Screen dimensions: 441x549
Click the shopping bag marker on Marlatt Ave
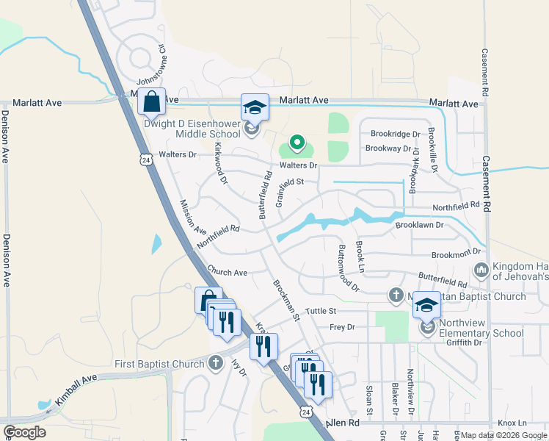click(151, 102)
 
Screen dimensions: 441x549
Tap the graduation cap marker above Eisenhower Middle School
click(255, 107)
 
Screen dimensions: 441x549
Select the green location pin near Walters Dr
click(297, 141)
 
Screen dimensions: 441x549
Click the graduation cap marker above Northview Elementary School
click(426, 304)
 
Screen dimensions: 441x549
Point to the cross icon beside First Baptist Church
click(216, 362)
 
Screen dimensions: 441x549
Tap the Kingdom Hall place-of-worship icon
click(481, 270)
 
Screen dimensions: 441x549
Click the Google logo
click(24, 432)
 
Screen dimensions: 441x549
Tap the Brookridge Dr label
click(395, 135)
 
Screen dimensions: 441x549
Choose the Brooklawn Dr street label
click(419, 226)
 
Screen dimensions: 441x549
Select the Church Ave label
click(227, 272)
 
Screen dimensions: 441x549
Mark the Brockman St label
click(286, 300)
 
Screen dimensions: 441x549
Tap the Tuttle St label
click(320, 312)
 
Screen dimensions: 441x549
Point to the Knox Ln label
click(512, 423)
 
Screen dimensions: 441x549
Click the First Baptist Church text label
click(159, 364)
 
